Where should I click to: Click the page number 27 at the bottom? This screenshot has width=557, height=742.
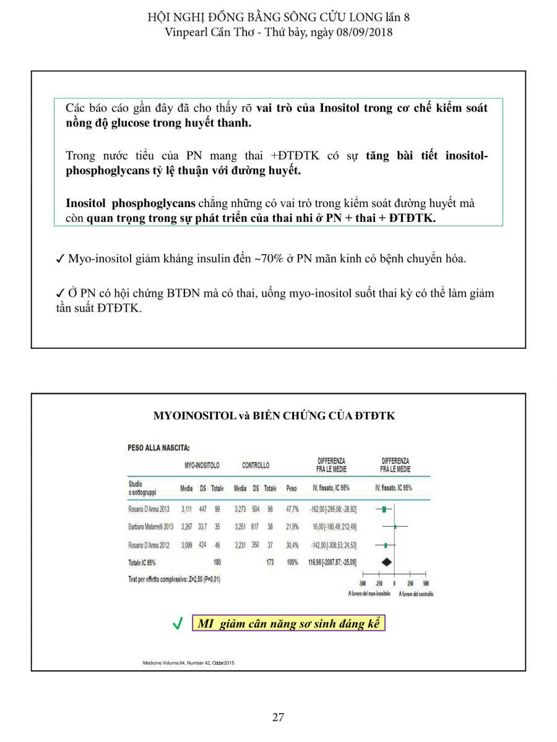point(278,717)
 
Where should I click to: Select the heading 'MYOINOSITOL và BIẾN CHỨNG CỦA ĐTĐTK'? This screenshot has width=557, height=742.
point(274,416)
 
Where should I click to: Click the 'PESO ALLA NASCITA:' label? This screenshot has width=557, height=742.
point(158,448)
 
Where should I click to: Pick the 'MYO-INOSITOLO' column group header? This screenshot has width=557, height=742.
point(202,465)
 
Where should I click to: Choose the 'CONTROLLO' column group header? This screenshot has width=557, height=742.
point(256,465)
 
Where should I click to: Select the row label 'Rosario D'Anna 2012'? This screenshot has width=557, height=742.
point(149,545)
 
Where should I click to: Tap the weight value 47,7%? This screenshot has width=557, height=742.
point(292,510)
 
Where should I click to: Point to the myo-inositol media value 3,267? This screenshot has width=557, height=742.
point(186,527)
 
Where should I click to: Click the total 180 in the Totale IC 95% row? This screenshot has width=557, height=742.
point(217,563)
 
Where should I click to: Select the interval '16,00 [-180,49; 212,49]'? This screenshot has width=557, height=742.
point(333,527)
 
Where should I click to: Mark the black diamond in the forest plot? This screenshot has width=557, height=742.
point(386,562)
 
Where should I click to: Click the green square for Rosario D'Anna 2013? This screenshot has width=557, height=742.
point(384,510)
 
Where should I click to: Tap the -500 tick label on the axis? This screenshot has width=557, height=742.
point(363,583)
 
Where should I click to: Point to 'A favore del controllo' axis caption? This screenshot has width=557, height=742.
point(416,594)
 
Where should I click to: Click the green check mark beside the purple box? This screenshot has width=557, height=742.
point(178,624)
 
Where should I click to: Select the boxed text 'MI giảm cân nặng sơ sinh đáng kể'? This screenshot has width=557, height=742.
point(288,623)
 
